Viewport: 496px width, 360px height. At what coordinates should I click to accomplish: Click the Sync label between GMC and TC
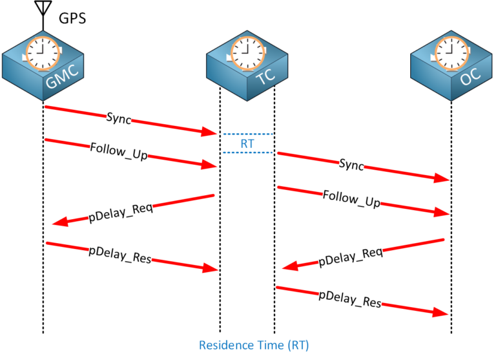click(119, 119)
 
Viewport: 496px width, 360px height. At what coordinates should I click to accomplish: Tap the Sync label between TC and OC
click(351, 164)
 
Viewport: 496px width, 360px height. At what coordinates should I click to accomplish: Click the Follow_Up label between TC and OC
click(350, 198)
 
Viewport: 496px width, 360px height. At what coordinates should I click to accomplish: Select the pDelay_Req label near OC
click(351, 257)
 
